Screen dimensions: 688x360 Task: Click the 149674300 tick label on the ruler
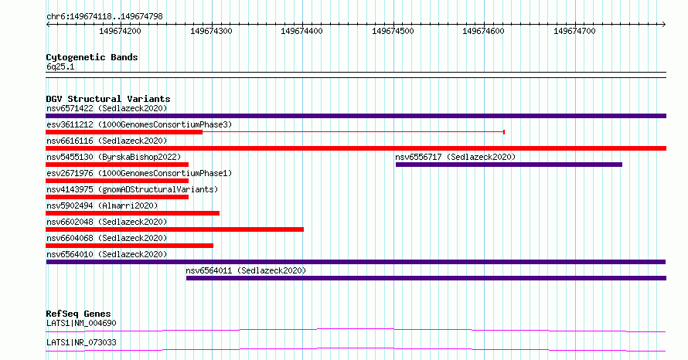click(211, 31)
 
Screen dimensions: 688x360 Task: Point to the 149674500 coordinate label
click(393, 31)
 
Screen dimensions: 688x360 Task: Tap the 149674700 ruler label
click(574, 31)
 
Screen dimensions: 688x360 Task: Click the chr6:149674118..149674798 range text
click(104, 17)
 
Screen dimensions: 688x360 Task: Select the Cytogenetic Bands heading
click(92, 57)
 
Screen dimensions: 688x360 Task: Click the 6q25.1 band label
click(60, 66)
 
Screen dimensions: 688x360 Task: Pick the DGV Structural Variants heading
click(108, 99)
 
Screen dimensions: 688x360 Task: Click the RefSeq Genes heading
click(79, 314)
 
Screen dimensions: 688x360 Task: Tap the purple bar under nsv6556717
click(509, 165)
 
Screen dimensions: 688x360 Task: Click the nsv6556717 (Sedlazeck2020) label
click(455, 157)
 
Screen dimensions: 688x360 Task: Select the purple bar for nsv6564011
click(426, 278)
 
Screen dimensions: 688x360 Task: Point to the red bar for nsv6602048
click(175, 229)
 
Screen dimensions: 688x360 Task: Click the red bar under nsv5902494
click(132, 213)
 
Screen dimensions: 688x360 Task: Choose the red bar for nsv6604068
click(129, 246)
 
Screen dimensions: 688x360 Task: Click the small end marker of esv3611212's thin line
click(504, 132)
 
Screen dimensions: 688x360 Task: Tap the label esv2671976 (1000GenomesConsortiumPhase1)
click(139, 173)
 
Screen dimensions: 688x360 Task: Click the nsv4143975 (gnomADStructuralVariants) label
click(132, 189)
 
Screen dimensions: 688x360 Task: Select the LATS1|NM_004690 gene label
click(82, 323)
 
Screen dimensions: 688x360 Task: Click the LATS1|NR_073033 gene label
click(82, 342)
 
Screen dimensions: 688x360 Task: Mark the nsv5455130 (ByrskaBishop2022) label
click(114, 157)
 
